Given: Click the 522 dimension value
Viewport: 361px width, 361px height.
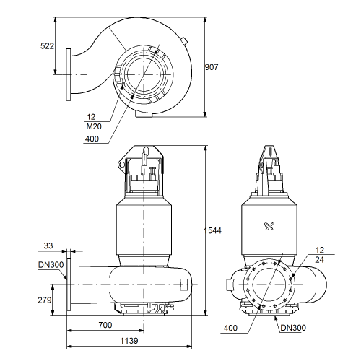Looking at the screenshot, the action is pos(47,46).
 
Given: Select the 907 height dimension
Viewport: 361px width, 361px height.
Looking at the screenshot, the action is pos(212,67).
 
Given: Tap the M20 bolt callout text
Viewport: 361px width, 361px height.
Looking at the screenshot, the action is pos(94,126).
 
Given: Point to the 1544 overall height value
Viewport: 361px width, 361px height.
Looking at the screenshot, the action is pos(213,230).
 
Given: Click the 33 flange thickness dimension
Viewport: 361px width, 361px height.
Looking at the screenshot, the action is pos(48,245).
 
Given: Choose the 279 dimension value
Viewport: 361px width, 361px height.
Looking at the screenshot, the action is pos(45,300).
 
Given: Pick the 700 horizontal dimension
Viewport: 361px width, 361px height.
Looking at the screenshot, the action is pos(105,325).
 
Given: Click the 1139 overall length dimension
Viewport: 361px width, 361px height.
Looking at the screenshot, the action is pos(129,341).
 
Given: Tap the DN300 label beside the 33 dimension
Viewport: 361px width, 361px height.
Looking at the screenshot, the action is pos(51,265).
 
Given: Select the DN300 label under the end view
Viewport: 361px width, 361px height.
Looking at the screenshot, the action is pos(293,328).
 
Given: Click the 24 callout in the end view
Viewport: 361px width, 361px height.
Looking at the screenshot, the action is pos(319,260).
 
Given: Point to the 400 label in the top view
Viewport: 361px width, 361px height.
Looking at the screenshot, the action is pos(92,139).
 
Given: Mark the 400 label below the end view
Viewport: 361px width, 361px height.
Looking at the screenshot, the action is pos(230,328).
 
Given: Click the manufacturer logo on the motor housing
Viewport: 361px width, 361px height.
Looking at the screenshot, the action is pos(269,227).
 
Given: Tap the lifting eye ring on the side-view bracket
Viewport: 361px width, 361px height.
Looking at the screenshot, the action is pos(122,165).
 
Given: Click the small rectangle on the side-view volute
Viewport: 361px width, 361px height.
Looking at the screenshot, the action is pos(183,284).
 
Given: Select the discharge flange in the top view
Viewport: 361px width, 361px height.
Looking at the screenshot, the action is pos(69,74).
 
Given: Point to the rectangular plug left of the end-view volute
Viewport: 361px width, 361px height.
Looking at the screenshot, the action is pos(230,284).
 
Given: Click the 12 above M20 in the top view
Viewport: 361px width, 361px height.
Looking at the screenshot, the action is pos(91,117).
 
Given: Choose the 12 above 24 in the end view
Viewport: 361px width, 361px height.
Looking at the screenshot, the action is pos(319,250).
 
